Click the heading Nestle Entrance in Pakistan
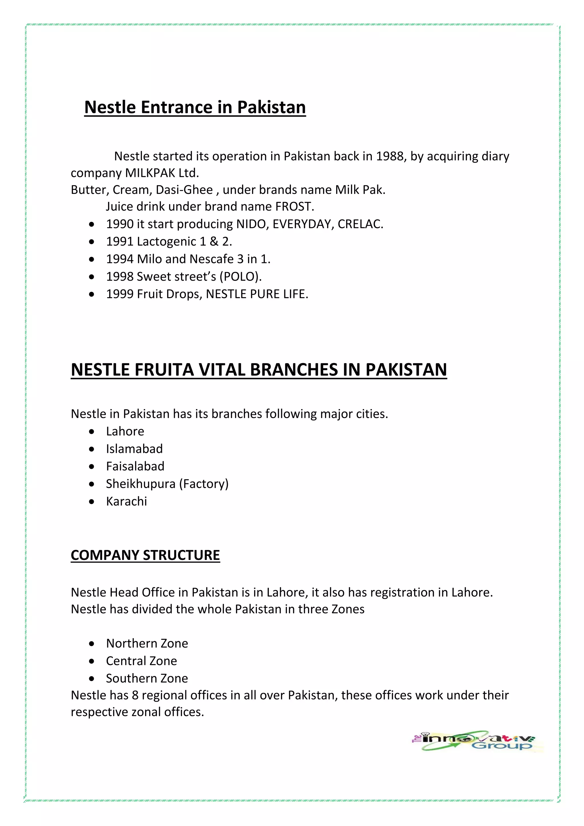(x=195, y=107)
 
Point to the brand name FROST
(x=294, y=206)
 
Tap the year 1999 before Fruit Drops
(x=120, y=294)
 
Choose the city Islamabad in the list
(x=134, y=449)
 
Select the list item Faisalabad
(x=135, y=466)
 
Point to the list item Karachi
(x=126, y=501)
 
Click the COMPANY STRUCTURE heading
(x=145, y=555)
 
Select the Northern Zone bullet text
(x=147, y=643)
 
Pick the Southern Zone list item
(x=147, y=678)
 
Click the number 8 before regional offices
(x=135, y=695)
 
